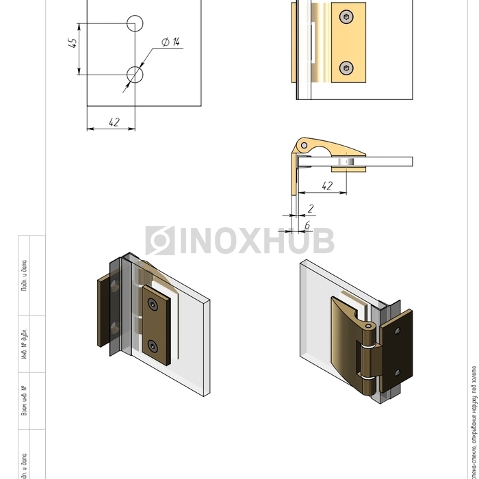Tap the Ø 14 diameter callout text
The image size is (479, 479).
[x=170, y=42]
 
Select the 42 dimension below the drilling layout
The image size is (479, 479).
[x=114, y=122]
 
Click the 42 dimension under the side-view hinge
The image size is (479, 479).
[x=326, y=185]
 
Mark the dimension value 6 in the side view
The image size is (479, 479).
[x=307, y=224]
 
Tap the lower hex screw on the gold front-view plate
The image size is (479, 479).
[x=348, y=67]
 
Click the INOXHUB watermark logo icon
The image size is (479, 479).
[x=159, y=241]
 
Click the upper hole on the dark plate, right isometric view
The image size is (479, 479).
[x=398, y=331]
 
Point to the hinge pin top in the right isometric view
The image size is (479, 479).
[x=370, y=327]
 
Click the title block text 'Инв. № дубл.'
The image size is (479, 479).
[x=25, y=346]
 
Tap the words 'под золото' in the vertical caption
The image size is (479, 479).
[x=473, y=383]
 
